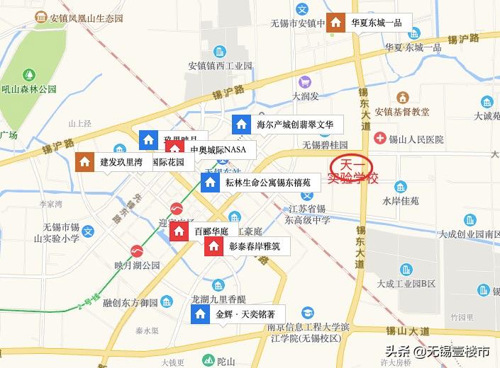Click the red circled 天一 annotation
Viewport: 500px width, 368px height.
(x=351, y=163)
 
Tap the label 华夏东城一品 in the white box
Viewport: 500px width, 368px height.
(x=377, y=23)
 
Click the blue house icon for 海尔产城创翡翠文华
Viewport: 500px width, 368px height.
(x=242, y=125)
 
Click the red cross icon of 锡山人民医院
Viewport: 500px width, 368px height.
(x=380, y=139)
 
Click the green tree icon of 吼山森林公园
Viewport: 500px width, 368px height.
(x=28, y=74)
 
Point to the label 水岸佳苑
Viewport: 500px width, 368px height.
(x=401, y=201)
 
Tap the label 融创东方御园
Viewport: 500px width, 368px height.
(x=130, y=303)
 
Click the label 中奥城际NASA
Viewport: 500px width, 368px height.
(x=218, y=150)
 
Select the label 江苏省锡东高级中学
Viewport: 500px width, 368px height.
(x=310, y=214)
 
